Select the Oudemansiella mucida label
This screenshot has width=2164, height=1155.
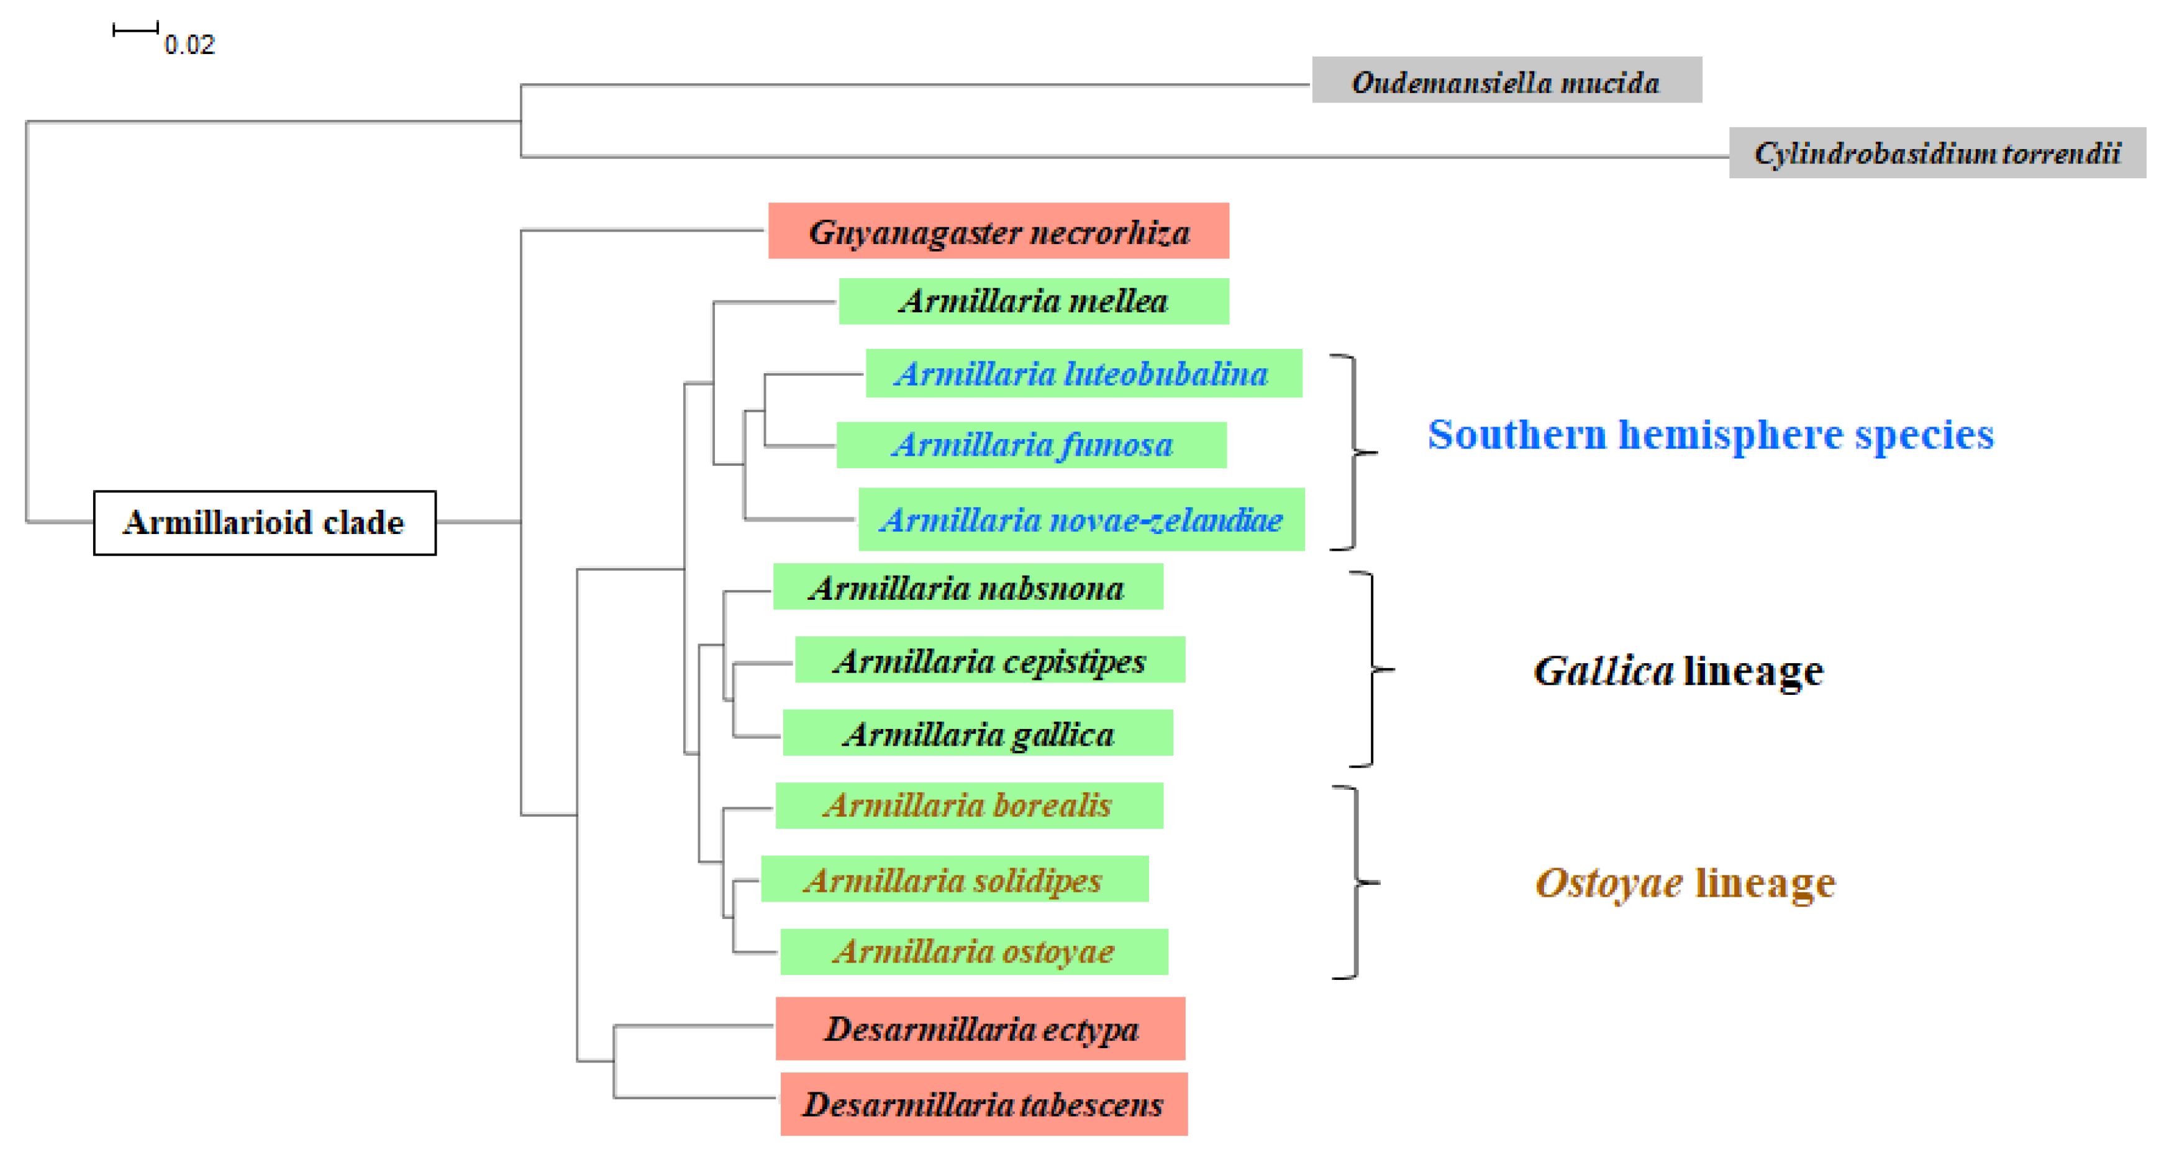tap(1506, 81)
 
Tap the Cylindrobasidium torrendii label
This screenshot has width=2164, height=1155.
tap(1936, 153)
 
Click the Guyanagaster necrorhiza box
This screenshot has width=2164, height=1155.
tap(998, 231)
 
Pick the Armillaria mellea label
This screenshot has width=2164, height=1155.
tap(1034, 301)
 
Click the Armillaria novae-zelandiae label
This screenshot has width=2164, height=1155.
tap(1081, 519)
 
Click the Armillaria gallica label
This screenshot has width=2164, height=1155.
tap(978, 733)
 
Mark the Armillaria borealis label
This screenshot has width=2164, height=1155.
tap(968, 805)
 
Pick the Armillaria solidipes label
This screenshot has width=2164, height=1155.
tap(954, 879)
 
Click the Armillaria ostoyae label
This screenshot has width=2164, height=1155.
tap(974, 951)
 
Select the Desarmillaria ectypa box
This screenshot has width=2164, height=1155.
tap(980, 1028)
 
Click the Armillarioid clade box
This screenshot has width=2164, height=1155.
tap(265, 522)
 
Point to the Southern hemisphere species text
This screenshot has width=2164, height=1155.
tap(1711, 434)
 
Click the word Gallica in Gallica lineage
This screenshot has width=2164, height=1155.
tap(1603, 670)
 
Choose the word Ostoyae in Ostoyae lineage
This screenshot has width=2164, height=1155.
tap(1608, 882)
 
